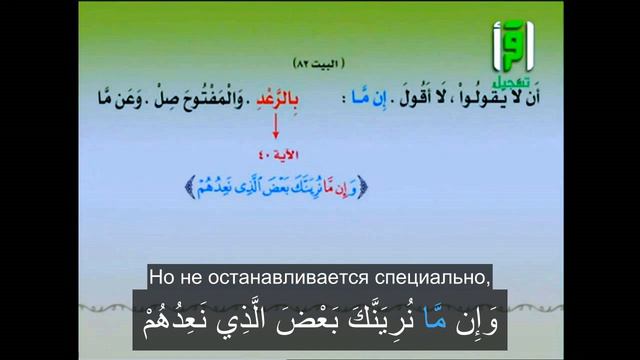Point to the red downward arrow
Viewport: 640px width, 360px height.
[x=275, y=128]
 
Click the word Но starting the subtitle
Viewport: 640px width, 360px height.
[x=162, y=275]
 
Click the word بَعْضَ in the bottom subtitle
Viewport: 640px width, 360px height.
[x=328, y=324]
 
